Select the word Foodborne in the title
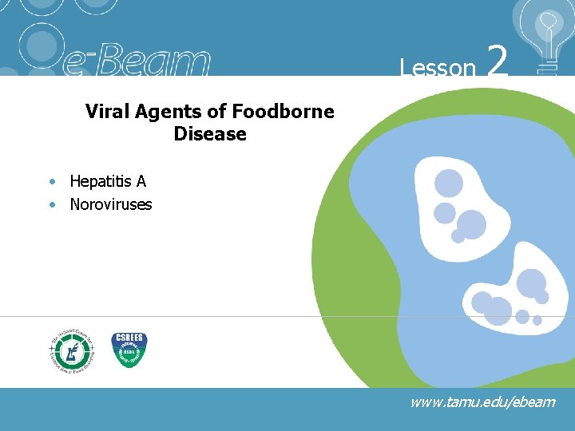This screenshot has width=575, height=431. pos(283,112)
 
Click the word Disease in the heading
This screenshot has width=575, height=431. pos(210,134)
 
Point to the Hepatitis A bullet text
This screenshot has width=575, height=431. pos(108,182)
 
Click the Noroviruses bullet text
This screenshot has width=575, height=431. pos(111,204)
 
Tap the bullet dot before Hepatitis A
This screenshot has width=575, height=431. pos(52,182)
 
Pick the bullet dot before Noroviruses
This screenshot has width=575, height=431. pos(52,204)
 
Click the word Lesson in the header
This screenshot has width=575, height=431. pos(438,68)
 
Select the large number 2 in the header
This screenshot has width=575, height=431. pos(497,61)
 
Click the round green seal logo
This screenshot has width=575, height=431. pos(71,349)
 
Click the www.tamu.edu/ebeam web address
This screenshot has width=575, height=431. pos(482,401)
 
